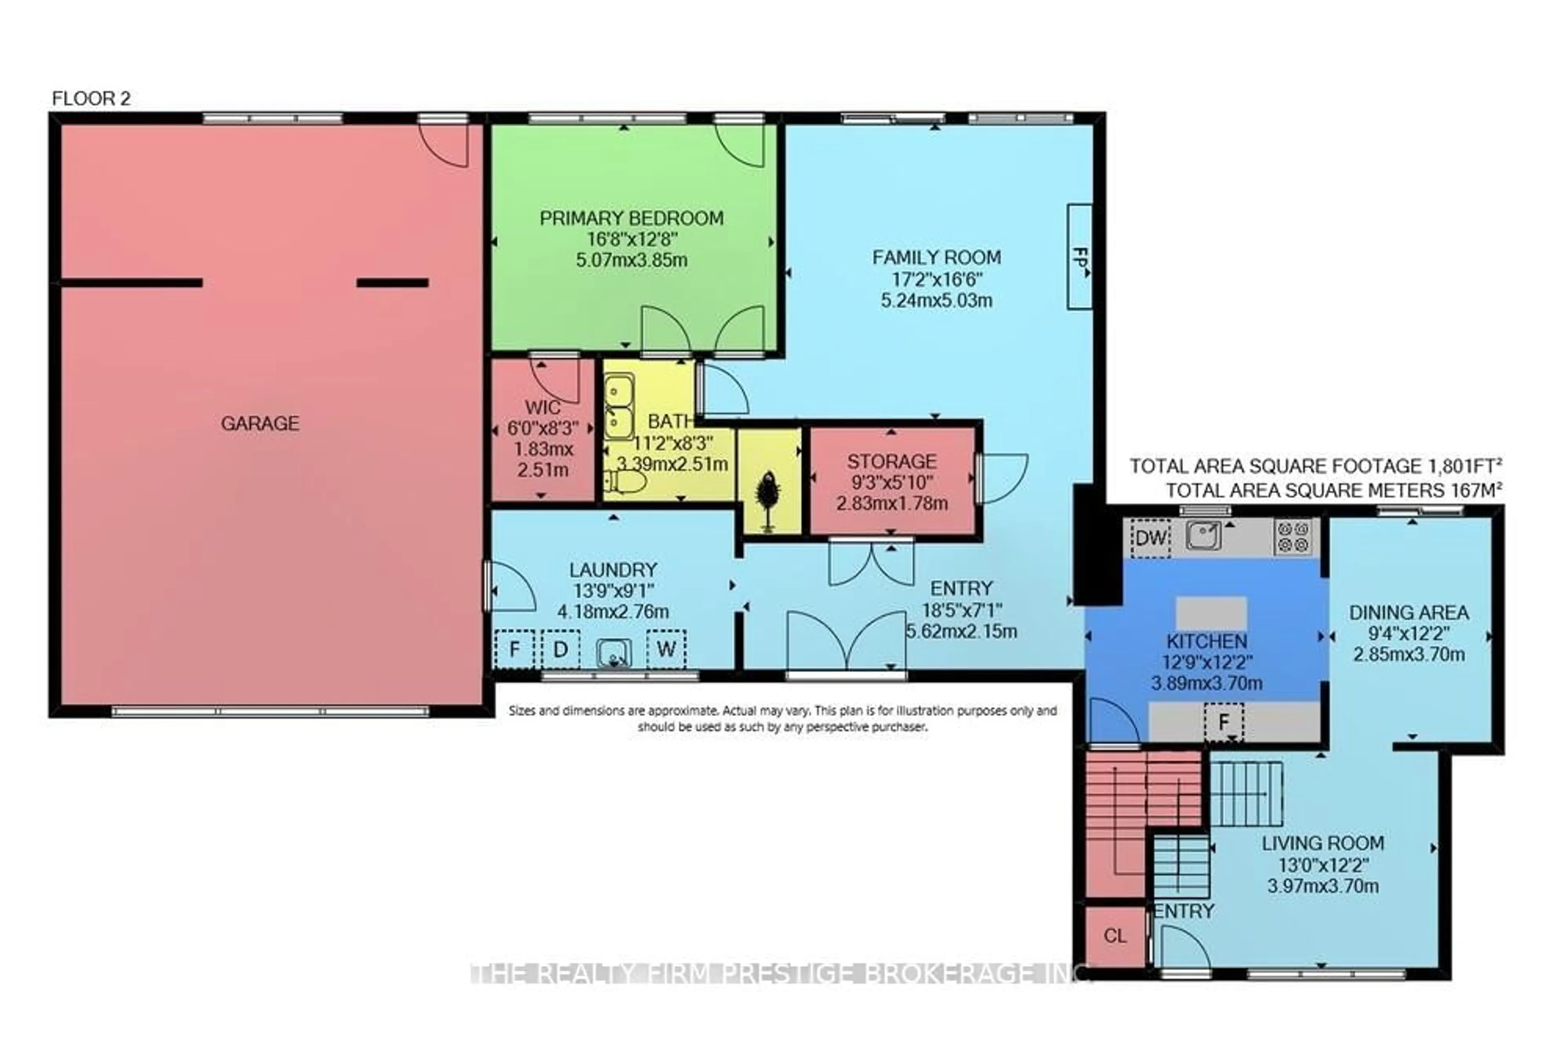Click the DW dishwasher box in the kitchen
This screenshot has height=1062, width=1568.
[x=1151, y=538]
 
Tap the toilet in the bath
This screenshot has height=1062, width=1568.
[x=626, y=482]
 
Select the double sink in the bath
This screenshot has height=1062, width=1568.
[x=619, y=407]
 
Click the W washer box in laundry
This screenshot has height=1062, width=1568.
[x=666, y=649]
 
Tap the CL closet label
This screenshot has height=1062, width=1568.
[x=1115, y=936]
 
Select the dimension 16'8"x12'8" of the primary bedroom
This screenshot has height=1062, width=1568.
[x=632, y=239]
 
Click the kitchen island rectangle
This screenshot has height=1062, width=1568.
[x=1211, y=613]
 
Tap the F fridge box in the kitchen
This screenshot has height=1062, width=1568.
[x=1224, y=722]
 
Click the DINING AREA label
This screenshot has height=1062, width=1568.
[x=1409, y=613]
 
